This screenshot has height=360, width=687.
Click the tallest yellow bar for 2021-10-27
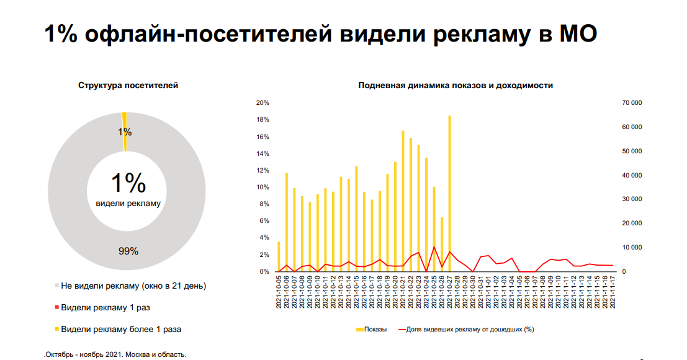[x=449, y=194]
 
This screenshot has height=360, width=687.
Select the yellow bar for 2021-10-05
[x=279, y=256]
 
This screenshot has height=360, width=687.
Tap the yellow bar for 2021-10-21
[x=403, y=201]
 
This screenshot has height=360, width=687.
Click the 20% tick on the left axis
[x=263, y=103]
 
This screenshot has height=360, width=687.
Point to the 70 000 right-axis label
[x=632, y=103]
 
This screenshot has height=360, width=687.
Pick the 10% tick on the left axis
[x=263, y=187]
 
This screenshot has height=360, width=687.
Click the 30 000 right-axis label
[x=632, y=199]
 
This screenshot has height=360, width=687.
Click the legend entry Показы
[x=372, y=330]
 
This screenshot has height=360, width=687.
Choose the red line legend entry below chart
[x=466, y=330]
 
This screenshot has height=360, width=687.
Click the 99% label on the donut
[x=128, y=251]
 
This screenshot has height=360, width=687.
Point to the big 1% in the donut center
[x=128, y=182]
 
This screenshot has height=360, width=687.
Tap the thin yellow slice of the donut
[x=125, y=132]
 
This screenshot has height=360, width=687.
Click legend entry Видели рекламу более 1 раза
[x=118, y=330]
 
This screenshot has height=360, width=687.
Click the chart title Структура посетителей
[x=128, y=86]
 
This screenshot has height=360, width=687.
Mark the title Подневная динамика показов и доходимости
[x=456, y=86]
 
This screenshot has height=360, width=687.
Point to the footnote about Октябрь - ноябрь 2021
[x=115, y=355]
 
